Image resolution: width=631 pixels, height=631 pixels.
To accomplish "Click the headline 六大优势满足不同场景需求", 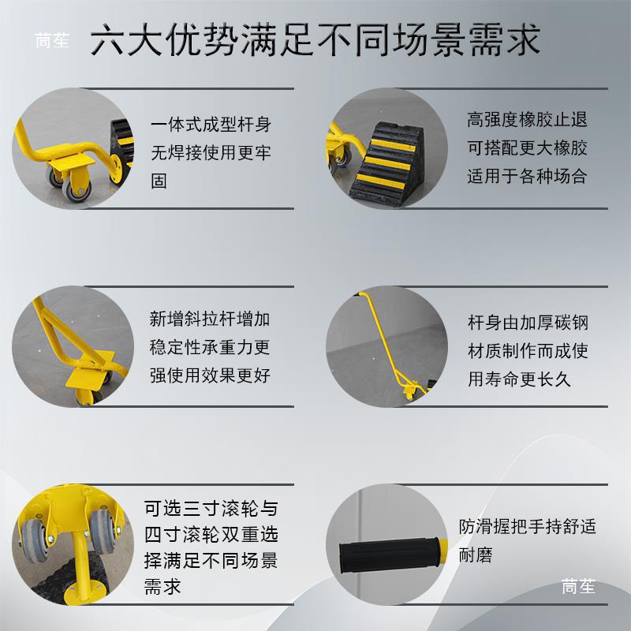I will (x=315, y=40).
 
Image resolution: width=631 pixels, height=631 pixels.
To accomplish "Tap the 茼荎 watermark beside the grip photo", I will (x=578, y=586).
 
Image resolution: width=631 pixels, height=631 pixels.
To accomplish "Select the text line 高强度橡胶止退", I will (x=527, y=121).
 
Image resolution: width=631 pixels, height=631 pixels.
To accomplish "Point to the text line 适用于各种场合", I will (x=527, y=176).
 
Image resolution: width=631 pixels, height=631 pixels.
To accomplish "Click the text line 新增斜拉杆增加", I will (x=211, y=319).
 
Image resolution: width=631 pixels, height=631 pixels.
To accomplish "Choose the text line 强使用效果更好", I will (x=211, y=375).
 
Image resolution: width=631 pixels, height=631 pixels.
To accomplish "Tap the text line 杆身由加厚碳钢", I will (x=528, y=323).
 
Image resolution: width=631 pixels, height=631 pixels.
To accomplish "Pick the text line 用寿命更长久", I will (x=519, y=379).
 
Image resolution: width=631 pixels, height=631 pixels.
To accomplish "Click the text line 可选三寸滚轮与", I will (x=211, y=507).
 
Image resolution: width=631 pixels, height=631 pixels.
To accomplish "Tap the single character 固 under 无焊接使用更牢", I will (x=159, y=181).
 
